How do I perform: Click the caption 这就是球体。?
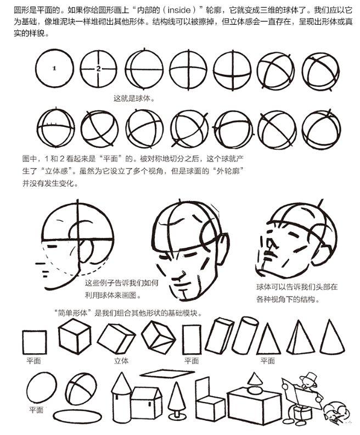134,98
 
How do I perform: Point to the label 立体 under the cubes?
121,361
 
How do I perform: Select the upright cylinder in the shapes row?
245,336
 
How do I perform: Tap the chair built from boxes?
210,400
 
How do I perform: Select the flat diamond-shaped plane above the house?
167,373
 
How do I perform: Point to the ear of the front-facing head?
223,248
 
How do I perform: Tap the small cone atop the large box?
255,378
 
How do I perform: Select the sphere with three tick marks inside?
56,127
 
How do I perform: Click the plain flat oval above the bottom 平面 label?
42,388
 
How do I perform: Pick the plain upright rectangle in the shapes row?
192,339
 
